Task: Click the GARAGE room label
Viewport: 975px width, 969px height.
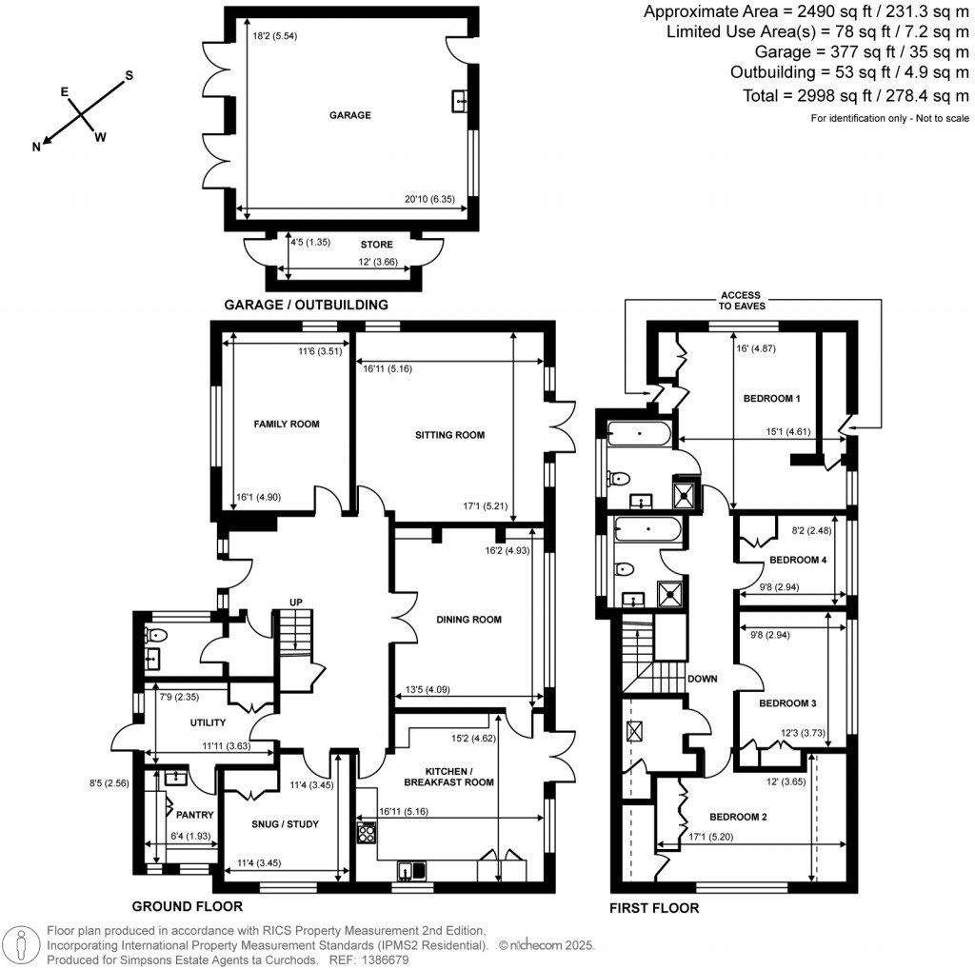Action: click(349, 115)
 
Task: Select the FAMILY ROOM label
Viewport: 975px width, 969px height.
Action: click(286, 425)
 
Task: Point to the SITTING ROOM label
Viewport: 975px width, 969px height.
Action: click(449, 435)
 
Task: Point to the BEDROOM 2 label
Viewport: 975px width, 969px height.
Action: click(738, 817)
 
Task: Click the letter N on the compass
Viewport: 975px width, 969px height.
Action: click(37, 147)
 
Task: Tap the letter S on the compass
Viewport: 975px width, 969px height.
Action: click(130, 75)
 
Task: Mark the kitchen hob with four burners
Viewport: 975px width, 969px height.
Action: click(366, 834)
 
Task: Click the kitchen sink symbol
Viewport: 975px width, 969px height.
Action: click(413, 868)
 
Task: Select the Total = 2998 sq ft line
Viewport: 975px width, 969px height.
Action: click(855, 96)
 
